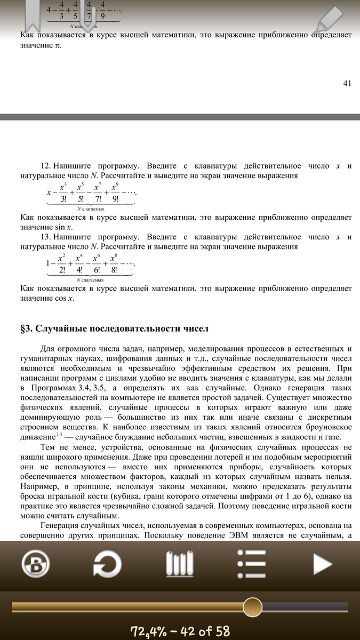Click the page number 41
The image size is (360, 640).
coord(347,83)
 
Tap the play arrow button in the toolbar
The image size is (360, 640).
coord(323,563)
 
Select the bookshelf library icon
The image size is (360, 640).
coord(180,563)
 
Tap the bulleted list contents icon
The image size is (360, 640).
coord(251,563)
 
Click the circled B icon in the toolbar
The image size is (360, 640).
coord(36,563)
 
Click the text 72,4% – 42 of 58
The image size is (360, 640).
coord(180,631)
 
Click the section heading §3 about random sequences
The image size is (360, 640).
coord(114,328)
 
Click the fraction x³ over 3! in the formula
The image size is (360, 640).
coord(62,193)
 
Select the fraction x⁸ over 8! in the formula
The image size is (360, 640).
coord(114,263)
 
